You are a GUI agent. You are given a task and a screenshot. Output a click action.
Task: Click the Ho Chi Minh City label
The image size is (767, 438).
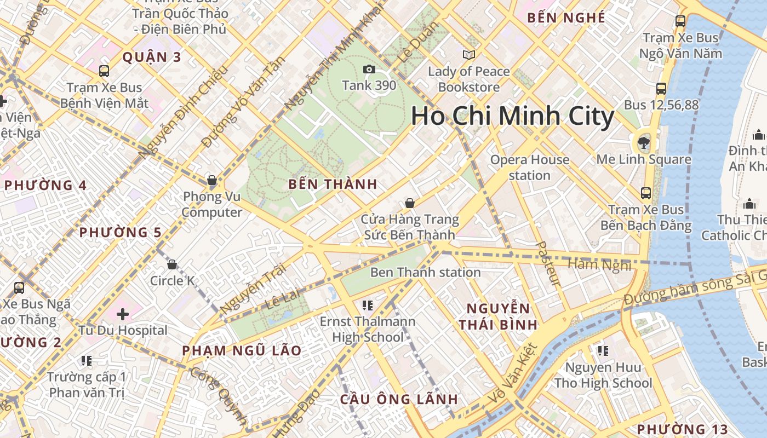coord(512,117)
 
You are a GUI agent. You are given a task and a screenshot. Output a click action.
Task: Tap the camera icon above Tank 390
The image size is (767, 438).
coord(369,69)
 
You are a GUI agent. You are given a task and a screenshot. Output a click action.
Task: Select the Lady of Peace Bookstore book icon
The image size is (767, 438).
coord(468,55)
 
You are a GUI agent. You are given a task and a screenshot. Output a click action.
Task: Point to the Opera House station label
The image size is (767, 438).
coord(529,168)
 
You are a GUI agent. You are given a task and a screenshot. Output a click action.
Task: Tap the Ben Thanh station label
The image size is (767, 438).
coord(425,272)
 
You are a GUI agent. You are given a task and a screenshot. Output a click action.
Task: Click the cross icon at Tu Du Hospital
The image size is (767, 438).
coord(123,314)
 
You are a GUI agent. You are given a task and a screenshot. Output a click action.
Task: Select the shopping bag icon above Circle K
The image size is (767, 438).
coord(172,265)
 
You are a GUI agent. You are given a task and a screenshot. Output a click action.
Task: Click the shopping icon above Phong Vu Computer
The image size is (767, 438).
coord(212,180)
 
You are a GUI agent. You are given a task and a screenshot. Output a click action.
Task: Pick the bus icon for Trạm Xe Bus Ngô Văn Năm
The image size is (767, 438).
coord(680,21)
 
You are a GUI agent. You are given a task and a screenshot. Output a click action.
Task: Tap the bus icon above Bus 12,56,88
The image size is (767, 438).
coord(661,88)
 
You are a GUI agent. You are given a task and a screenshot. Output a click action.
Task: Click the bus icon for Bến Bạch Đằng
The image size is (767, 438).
coord(646,193)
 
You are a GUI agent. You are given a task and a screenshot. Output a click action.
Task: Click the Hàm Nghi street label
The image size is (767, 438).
coord(599,265)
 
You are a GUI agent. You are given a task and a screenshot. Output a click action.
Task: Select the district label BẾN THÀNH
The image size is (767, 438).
coord(333,185)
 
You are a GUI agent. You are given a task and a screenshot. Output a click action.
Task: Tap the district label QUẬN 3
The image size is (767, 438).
coord(152,57)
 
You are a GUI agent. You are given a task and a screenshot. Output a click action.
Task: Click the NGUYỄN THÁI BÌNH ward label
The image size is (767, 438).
coord(498,316)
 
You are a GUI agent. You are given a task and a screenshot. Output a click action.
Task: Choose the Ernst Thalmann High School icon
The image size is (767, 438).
coord(367,305)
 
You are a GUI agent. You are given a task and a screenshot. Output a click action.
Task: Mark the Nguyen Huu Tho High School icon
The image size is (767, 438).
coord(603,350)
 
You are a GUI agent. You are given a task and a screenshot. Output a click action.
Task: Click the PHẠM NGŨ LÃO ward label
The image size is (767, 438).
coord(242,350)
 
